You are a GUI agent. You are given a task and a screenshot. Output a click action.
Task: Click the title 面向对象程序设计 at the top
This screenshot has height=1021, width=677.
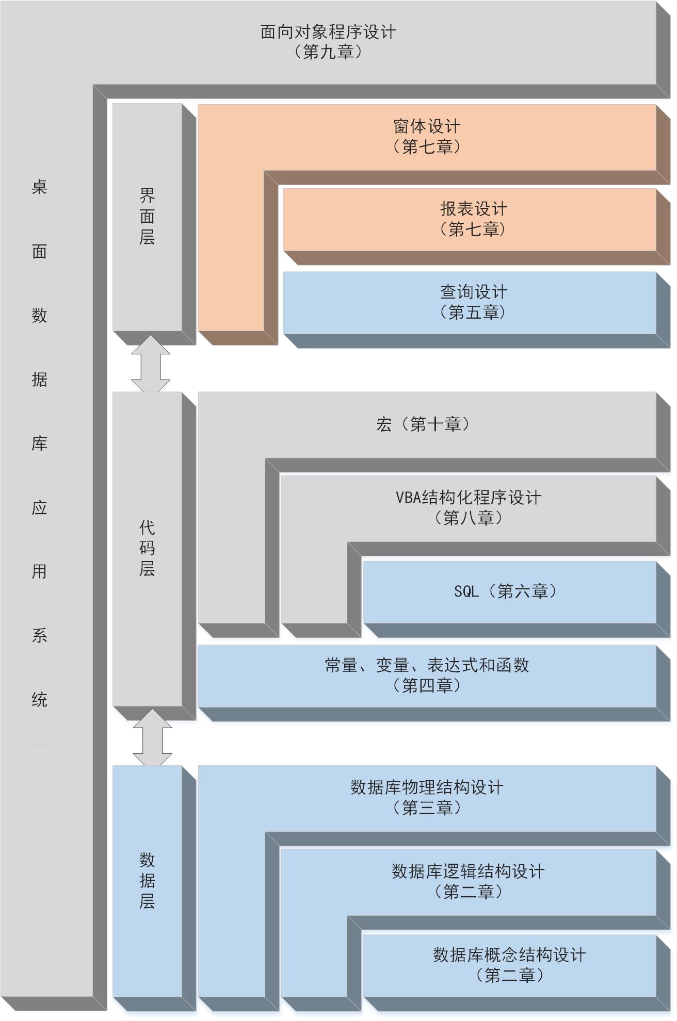pos(328,32)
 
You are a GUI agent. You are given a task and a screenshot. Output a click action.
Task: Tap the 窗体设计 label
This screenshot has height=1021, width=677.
pos(427,127)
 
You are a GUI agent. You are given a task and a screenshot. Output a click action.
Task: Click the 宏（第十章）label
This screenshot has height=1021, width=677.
pos(423,424)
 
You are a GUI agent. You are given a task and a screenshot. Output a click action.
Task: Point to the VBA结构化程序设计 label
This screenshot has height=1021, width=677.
pos(468,498)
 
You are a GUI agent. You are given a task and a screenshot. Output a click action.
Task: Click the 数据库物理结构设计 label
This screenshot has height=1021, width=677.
pos(427,787)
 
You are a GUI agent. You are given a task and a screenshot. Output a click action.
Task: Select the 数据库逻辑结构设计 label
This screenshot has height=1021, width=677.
pos(468,871)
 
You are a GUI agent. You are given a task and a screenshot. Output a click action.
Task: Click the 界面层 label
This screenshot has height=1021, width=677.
pos(147,217)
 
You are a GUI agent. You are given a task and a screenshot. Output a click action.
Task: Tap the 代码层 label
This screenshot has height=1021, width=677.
pos(147,548)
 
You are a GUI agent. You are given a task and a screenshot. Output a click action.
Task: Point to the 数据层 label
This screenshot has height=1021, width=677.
pos(147,880)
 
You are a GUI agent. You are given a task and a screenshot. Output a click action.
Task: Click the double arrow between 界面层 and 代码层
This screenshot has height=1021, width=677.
pos(150,364)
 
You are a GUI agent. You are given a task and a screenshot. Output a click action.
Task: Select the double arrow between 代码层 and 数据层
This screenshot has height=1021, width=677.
pos(152,737)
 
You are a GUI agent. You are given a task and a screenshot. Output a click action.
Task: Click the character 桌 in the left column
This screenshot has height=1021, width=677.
pos(39,187)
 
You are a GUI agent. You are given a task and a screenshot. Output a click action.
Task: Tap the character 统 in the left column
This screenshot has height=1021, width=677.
pos(39,700)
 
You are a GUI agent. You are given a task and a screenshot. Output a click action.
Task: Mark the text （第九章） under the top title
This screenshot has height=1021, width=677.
pos(328,52)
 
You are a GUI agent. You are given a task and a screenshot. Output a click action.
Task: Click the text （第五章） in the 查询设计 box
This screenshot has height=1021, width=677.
pos(473,312)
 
